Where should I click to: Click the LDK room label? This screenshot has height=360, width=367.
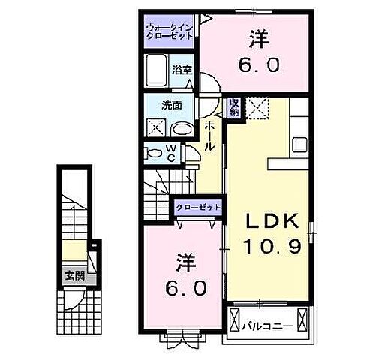tap(275, 221)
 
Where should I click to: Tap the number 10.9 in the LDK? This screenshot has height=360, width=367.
tap(275, 245)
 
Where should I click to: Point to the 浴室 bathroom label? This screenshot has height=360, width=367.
tap(182, 70)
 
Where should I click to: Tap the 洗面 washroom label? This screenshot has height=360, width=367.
tap(172, 105)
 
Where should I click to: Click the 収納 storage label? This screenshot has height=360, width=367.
tap(234, 107)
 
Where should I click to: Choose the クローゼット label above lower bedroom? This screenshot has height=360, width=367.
tap(198, 206)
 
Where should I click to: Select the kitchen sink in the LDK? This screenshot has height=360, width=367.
tap(300, 144)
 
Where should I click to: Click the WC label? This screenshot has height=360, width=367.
tap(172, 153)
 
